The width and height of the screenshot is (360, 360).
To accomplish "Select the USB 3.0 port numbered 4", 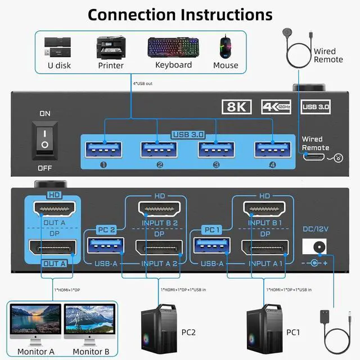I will pyautogui.click(x=272, y=149).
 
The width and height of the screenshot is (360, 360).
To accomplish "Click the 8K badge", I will pyautogui.click(x=237, y=106).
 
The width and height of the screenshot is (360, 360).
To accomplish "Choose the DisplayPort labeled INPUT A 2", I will pyautogui.click(x=159, y=248).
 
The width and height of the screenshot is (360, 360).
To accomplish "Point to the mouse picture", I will pyautogui.click(x=225, y=47).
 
